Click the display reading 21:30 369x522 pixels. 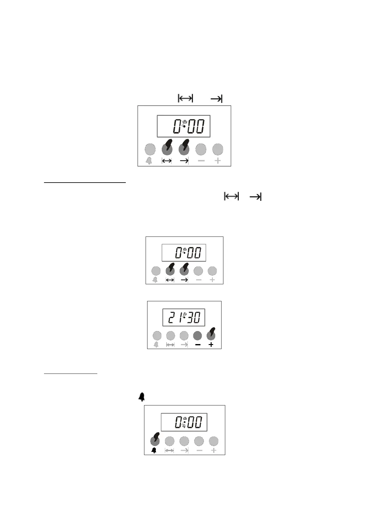click(184, 317)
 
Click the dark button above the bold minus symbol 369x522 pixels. click(197, 335)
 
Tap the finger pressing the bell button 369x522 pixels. click(155, 437)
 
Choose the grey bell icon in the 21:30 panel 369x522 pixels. click(156, 345)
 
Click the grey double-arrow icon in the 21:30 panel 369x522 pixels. click(170, 345)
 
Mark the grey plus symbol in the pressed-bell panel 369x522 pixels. click(214, 450)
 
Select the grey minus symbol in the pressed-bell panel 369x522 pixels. click(200, 450)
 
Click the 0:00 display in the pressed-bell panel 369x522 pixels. click(184, 422)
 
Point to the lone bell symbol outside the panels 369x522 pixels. click(142, 397)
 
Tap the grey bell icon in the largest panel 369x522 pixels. click(149, 161)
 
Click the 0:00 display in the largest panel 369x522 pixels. click(183, 126)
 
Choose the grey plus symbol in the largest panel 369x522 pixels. click(218, 161)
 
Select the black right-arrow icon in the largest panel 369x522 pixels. click(184, 161)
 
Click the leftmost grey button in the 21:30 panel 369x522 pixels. click(157, 335)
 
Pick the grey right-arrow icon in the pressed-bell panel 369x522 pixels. click(184, 450)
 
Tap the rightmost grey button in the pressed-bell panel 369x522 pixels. click(214, 441)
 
